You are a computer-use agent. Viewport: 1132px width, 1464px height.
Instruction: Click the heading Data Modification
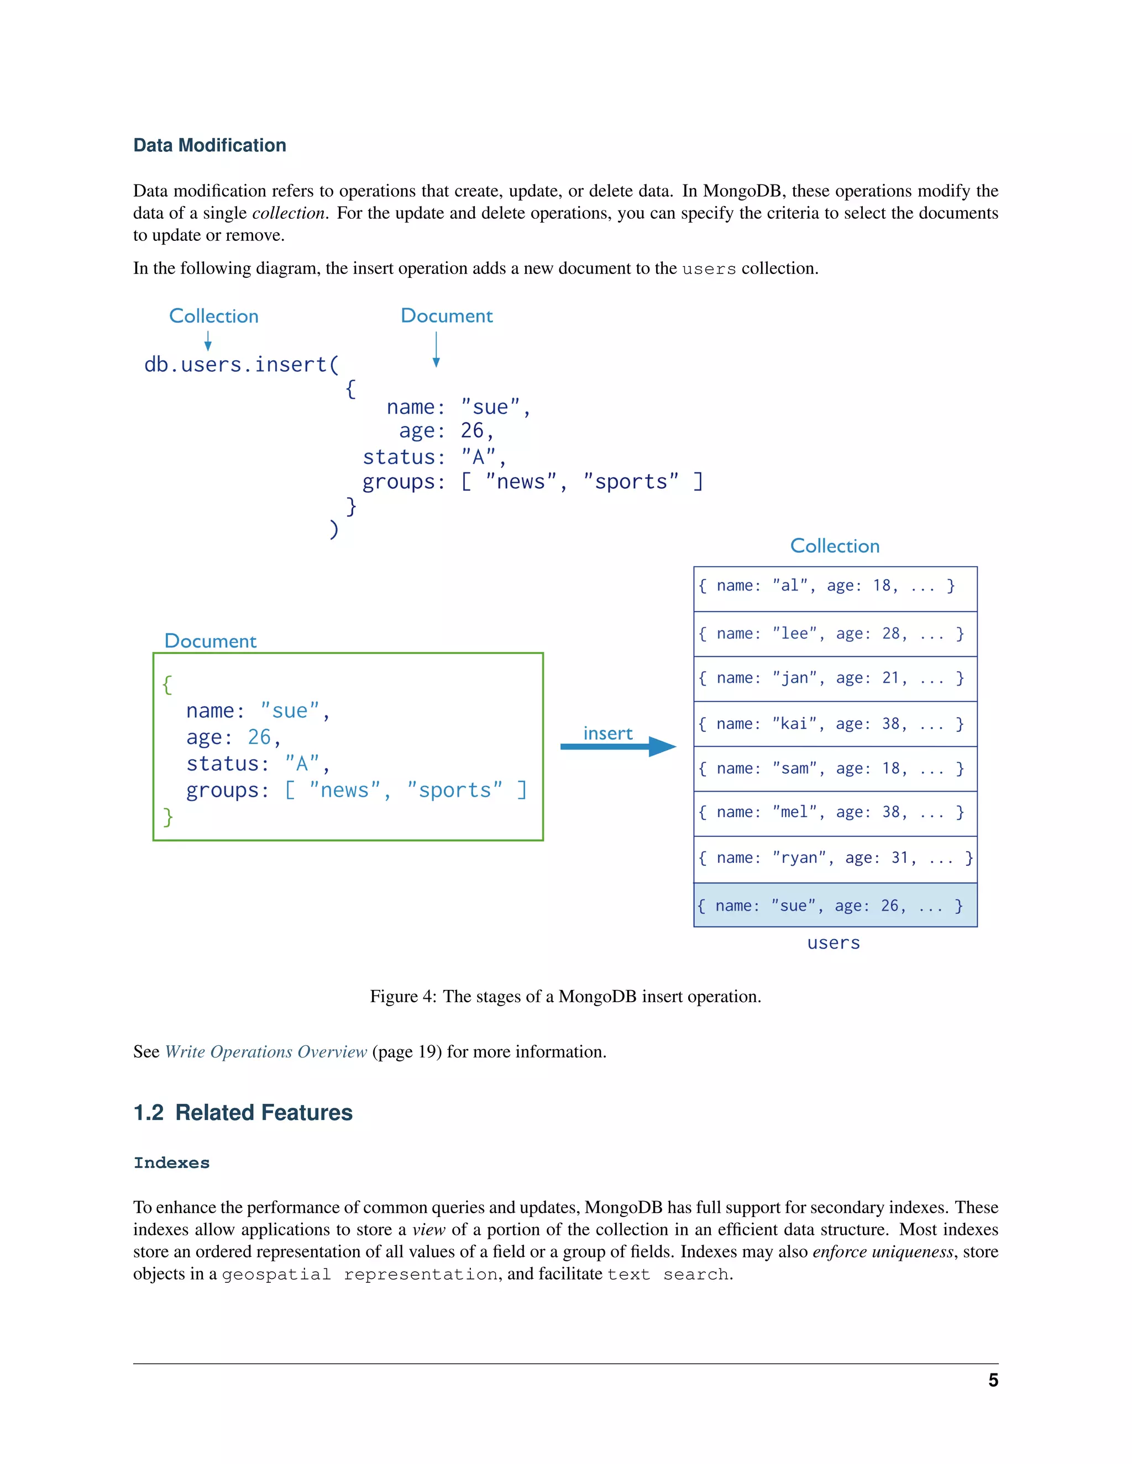pos(209,145)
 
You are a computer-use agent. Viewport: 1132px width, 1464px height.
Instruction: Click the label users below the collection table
pos(833,943)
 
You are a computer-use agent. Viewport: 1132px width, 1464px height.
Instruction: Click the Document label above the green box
pos(210,641)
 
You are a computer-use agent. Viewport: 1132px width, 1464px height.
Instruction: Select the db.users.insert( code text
pos(242,365)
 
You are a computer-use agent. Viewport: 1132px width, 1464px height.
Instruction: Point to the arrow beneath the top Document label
pos(436,350)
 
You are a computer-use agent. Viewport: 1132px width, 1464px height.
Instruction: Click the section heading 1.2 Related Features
pos(243,1113)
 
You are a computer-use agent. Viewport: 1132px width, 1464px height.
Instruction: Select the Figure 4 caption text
pos(565,997)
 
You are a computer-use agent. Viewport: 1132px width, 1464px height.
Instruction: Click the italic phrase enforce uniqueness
pos(883,1252)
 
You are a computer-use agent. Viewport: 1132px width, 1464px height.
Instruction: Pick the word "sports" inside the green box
pos(454,791)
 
